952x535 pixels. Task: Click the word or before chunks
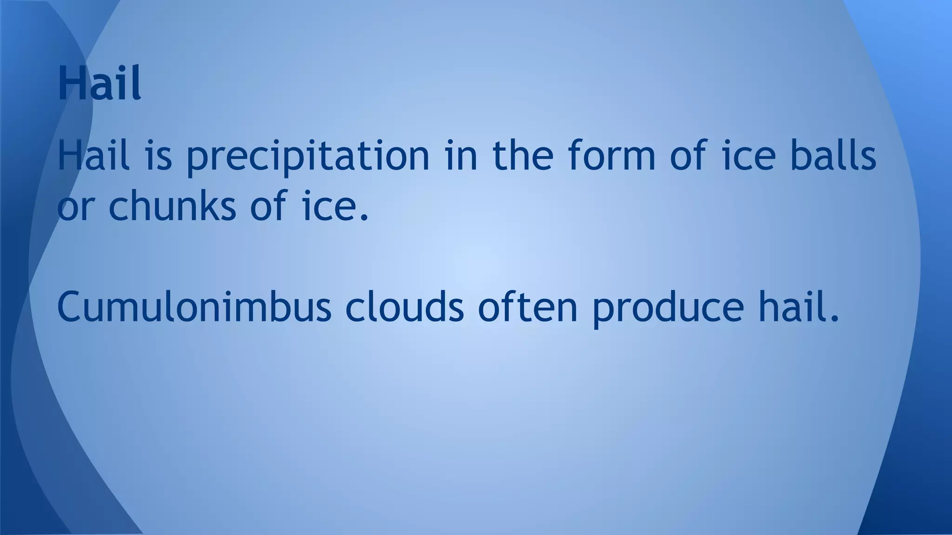(x=75, y=207)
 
